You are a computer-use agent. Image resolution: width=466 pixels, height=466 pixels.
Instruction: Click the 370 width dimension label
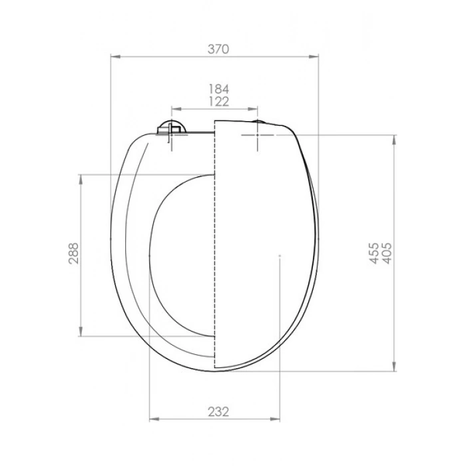(218, 49)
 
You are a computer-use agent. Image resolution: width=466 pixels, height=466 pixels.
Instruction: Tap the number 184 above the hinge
(218, 89)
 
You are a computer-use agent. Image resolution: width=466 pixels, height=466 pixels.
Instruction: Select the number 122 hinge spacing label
(218, 102)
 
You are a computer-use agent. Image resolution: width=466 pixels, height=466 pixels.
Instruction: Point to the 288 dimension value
(73, 254)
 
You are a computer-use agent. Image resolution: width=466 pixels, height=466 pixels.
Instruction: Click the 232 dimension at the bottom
(218, 412)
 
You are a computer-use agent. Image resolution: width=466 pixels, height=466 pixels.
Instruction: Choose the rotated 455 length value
(374, 253)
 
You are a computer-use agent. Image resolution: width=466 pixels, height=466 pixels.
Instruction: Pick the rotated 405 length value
(387, 253)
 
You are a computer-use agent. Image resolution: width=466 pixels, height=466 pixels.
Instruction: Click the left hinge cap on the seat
(172, 128)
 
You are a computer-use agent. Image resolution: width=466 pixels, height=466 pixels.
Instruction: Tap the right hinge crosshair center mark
(258, 135)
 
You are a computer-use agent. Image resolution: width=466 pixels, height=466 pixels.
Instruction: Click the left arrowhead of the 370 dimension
(116, 57)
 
